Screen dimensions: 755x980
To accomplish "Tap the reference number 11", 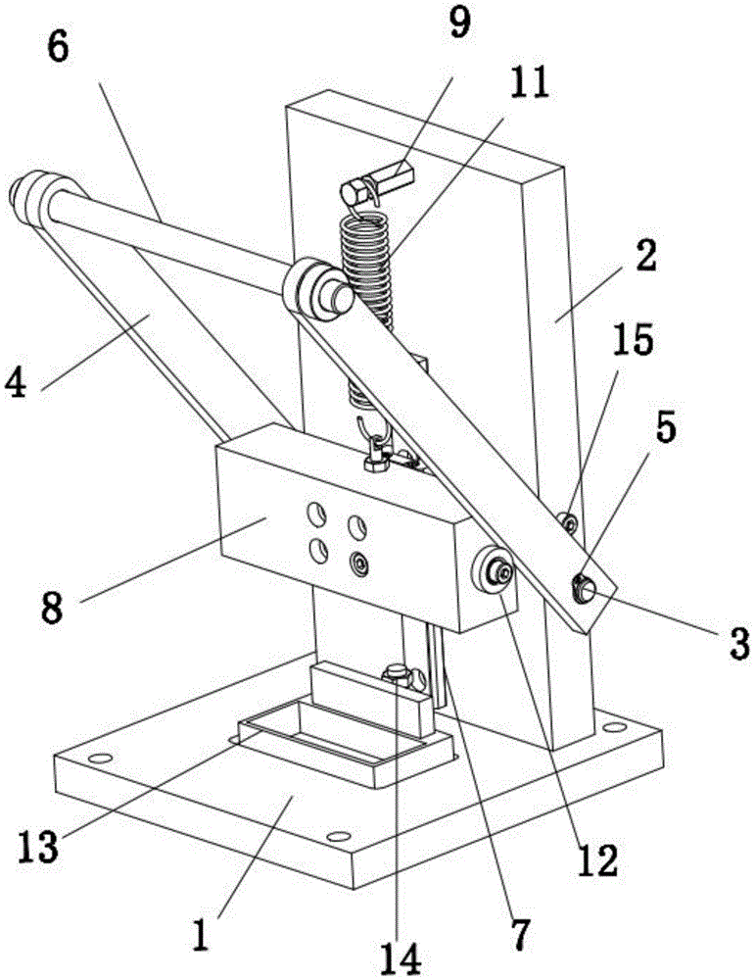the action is point(529,82).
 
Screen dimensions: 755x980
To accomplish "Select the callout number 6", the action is point(58,46).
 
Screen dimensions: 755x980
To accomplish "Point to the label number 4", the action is point(16,381).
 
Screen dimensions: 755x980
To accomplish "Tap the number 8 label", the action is point(53,607).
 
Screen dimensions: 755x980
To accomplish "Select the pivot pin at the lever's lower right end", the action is point(584,588).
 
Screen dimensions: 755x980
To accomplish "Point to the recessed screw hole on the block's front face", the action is point(359,563).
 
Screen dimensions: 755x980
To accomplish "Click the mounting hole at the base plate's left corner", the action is point(99,759).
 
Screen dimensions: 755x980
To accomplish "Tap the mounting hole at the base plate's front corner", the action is point(338,836).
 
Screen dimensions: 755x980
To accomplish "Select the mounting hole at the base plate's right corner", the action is point(614,727).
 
